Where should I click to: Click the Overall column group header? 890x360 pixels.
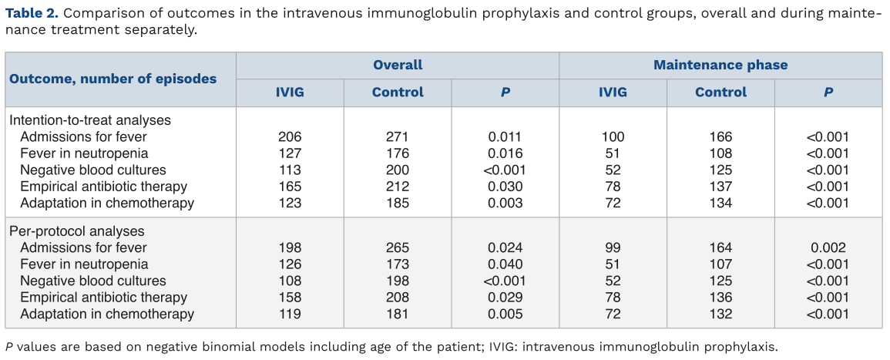[398, 65]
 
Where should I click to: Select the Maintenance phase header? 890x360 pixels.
[720, 65]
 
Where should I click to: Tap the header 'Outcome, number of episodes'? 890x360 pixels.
[113, 79]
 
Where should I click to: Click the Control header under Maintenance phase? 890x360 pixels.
[720, 92]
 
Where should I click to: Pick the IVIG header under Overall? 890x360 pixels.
[290, 92]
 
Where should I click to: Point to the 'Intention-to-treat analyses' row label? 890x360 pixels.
[90, 120]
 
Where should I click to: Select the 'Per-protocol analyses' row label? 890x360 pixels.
[76, 231]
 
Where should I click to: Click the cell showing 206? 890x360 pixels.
[290, 137]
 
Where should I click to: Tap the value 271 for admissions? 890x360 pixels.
[398, 137]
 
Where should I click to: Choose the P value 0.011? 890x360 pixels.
[505, 137]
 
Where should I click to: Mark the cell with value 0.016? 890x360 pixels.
[505, 153]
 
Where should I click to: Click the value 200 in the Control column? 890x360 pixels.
[398, 170]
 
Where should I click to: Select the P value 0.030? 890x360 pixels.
[505, 187]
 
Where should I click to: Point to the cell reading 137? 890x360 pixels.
[720, 187]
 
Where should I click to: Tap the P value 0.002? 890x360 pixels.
[828, 247]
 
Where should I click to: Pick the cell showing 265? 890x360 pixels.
[398, 247]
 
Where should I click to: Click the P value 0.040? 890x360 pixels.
[505, 264]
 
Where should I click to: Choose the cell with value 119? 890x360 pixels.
[290, 314]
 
